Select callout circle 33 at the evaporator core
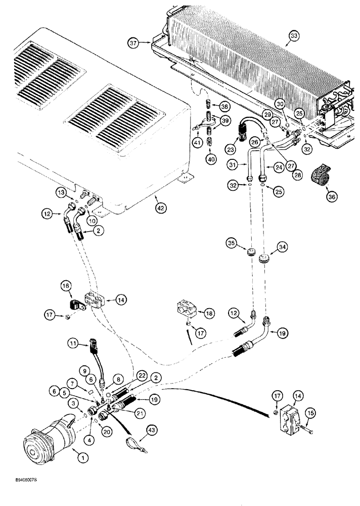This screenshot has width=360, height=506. [x=294, y=35]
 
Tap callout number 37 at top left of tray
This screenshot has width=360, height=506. [x=133, y=44]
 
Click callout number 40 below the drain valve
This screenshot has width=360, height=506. [x=209, y=160]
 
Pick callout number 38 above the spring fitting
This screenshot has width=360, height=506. [x=223, y=106]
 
